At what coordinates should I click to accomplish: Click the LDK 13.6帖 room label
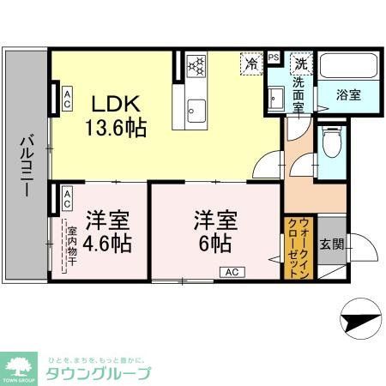(119, 116)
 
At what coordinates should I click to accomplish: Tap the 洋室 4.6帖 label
(106, 232)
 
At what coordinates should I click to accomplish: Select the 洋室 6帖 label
(213, 232)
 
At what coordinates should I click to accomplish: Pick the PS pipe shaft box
(274, 57)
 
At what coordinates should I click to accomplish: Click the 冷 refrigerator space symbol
(252, 63)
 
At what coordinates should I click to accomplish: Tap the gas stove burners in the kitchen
(196, 65)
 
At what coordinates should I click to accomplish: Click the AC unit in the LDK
(66, 96)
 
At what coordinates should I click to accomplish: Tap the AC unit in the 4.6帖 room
(66, 199)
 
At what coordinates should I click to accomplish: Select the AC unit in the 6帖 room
(231, 272)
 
